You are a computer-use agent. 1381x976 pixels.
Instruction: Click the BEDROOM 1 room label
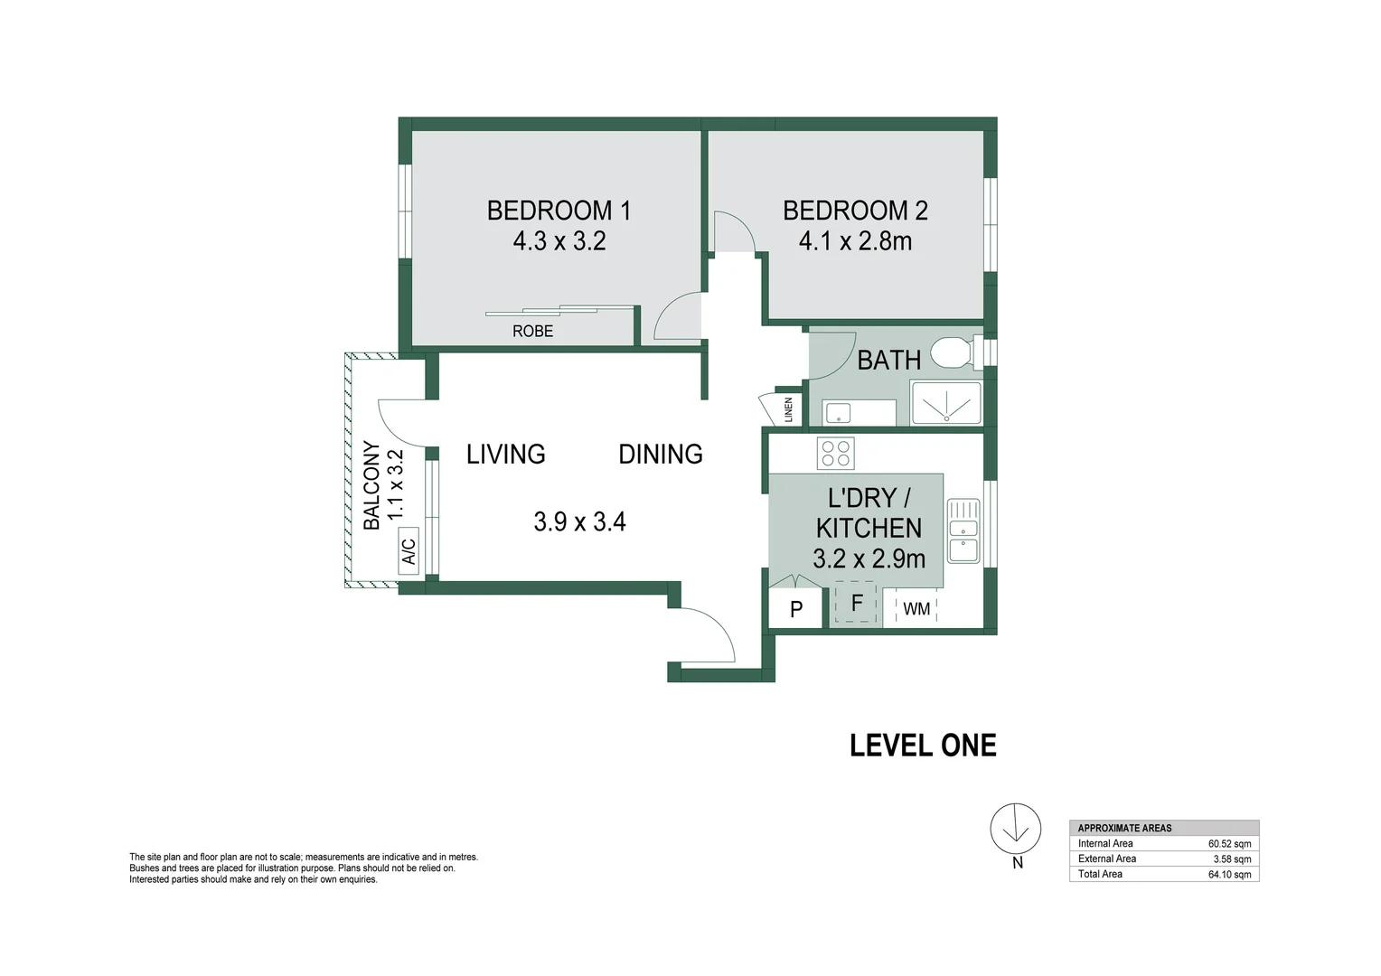[x=559, y=211]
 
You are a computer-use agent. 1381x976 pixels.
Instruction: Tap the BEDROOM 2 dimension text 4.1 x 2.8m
[x=855, y=241]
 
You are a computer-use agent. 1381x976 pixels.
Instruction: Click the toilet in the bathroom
[x=956, y=353]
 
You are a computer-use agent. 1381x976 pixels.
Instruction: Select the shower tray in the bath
[x=945, y=403]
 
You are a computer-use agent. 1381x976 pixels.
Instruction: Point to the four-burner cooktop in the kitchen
[x=835, y=453]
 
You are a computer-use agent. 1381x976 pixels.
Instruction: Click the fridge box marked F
[x=856, y=603]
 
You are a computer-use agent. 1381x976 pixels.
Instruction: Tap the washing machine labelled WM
[x=916, y=608]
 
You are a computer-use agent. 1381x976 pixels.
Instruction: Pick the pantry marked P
[x=795, y=608]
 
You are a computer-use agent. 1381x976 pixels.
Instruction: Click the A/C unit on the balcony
[x=409, y=551]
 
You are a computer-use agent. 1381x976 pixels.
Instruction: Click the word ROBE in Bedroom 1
[x=532, y=331]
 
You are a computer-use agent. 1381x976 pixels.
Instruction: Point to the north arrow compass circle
[x=1015, y=829]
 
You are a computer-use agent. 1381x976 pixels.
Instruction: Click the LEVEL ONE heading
[x=923, y=746]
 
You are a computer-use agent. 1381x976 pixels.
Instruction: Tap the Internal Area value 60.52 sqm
[x=1229, y=844]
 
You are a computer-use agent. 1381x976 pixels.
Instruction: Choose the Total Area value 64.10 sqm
[x=1229, y=874]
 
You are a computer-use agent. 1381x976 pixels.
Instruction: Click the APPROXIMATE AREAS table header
[x=1124, y=828]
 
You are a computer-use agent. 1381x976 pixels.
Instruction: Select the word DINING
[x=661, y=455]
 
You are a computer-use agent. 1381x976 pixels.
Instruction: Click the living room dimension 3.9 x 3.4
[x=579, y=521]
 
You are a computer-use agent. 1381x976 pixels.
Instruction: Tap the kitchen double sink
[x=963, y=530]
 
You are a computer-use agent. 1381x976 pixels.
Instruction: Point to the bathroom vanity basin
[x=838, y=412]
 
